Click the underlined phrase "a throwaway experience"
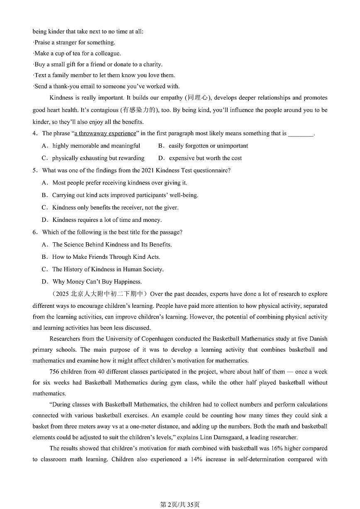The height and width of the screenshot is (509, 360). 105,134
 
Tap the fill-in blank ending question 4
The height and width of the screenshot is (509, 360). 301,134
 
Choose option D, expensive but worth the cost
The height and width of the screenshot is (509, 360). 200,158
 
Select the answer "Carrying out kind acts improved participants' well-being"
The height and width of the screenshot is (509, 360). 120,195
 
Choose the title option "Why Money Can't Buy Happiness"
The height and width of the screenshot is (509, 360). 92,282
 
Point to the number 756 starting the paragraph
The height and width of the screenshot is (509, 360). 55,372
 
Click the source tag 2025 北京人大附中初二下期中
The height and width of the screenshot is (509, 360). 99,294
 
